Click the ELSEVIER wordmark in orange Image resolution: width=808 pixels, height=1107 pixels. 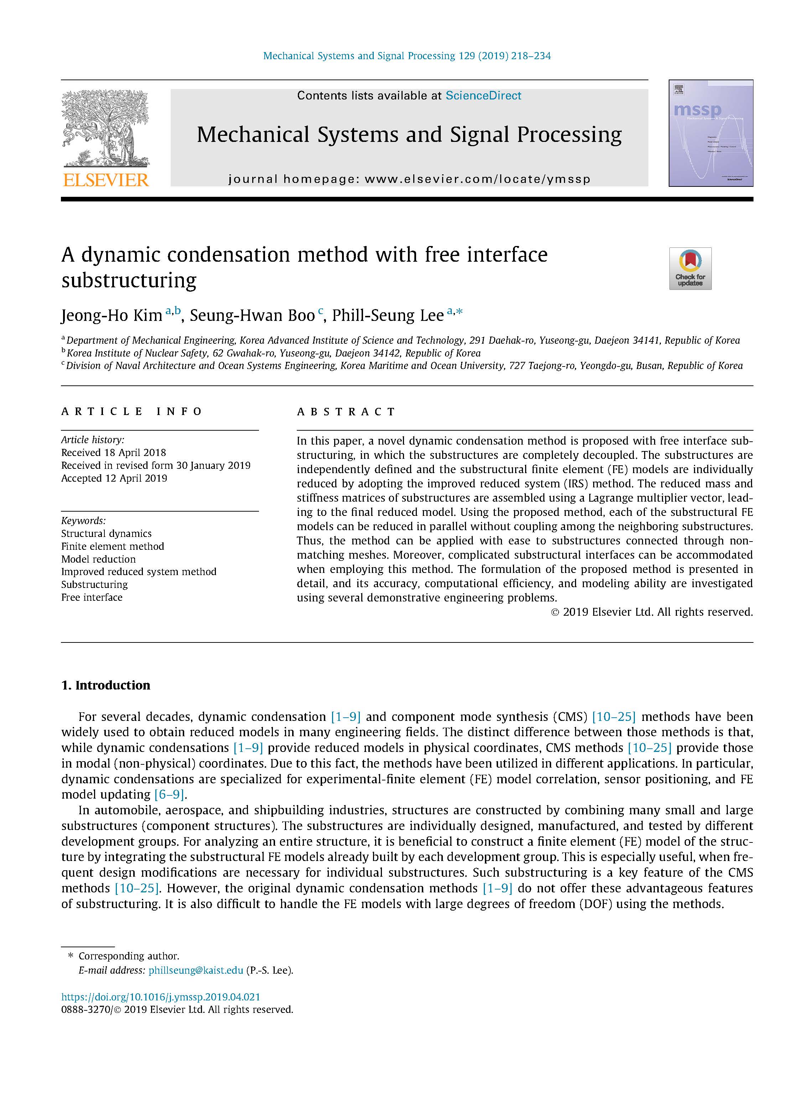point(106,180)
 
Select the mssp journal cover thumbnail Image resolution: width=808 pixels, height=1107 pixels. point(711,133)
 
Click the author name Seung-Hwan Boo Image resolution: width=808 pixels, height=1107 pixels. point(252,316)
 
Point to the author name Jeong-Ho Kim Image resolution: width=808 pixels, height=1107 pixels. point(112,316)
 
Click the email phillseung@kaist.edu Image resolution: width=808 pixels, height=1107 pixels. point(196,970)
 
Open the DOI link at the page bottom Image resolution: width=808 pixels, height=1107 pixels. point(160,997)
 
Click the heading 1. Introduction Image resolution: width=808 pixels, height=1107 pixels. point(106,685)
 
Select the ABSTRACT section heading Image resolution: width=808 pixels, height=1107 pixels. point(346,411)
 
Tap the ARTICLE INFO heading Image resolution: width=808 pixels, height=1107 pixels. point(131,411)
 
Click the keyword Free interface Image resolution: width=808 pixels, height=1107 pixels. point(92,597)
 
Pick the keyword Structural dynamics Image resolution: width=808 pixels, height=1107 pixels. point(106,533)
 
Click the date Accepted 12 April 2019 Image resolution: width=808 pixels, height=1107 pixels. point(114,478)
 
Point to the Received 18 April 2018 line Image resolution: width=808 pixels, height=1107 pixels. point(114,453)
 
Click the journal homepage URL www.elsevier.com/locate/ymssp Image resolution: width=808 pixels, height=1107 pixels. point(477,179)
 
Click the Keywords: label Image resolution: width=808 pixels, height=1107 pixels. point(83,521)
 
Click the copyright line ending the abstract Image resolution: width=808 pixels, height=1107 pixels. point(652,612)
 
